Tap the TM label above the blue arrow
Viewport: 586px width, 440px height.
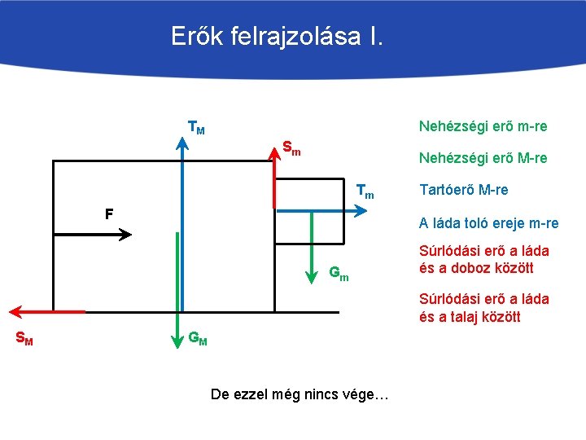(x=196, y=128)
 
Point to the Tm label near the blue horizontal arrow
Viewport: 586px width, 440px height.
(x=365, y=192)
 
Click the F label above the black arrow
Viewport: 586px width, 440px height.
(x=107, y=214)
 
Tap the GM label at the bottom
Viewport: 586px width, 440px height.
(x=198, y=338)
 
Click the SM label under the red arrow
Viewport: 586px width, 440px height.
(x=24, y=338)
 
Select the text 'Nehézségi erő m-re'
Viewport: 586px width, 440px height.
(x=483, y=126)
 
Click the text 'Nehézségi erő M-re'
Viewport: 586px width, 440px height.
(x=483, y=158)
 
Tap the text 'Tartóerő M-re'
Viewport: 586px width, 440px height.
(x=463, y=190)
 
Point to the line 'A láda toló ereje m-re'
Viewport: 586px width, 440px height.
(x=488, y=223)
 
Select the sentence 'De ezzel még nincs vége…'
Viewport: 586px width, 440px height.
(x=300, y=394)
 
